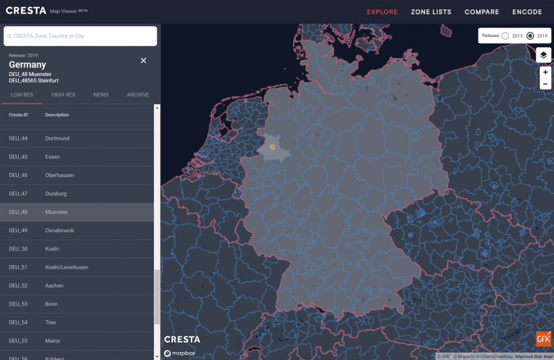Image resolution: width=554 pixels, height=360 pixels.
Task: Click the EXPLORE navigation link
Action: coord(382,12)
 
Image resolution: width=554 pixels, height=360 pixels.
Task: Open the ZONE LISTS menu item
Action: coord(431,12)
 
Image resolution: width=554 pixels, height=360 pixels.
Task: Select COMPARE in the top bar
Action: coord(481,12)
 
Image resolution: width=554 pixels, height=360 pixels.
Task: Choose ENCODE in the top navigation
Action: coord(527,12)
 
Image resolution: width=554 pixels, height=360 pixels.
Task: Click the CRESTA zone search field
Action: coord(81,36)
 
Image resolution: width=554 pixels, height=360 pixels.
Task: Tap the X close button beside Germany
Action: coord(143,61)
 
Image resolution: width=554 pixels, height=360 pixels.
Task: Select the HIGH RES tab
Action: coord(63,95)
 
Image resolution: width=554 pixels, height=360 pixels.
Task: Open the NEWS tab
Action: coord(101,95)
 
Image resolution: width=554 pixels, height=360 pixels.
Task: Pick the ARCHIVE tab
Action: coord(138,95)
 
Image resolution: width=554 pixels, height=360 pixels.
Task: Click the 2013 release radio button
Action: coord(505,36)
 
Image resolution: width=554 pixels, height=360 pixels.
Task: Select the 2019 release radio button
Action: coord(530,36)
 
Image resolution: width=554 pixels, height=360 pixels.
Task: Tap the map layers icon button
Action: coord(544,55)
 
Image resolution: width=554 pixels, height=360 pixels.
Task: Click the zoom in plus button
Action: coord(545,72)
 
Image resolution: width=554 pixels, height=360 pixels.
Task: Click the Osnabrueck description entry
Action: coord(59,230)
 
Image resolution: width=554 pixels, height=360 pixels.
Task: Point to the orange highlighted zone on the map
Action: coord(272,145)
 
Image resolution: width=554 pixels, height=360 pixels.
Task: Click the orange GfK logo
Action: coord(543,339)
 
